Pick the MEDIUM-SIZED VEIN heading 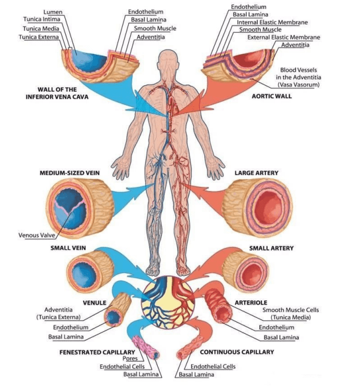(x=69, y=173)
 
